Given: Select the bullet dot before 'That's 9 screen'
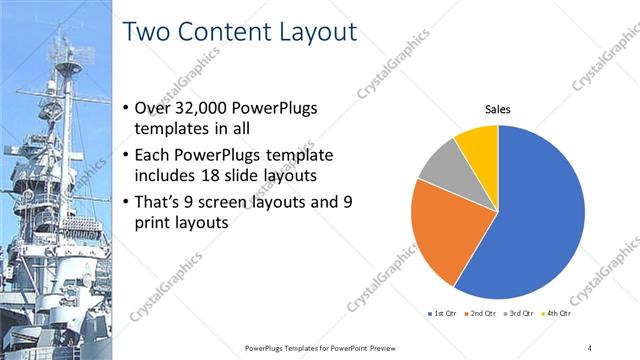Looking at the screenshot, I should pyautogui.click(x=124, y=202).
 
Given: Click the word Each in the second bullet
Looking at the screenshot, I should pyautogui.click(x=152, y=156).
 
